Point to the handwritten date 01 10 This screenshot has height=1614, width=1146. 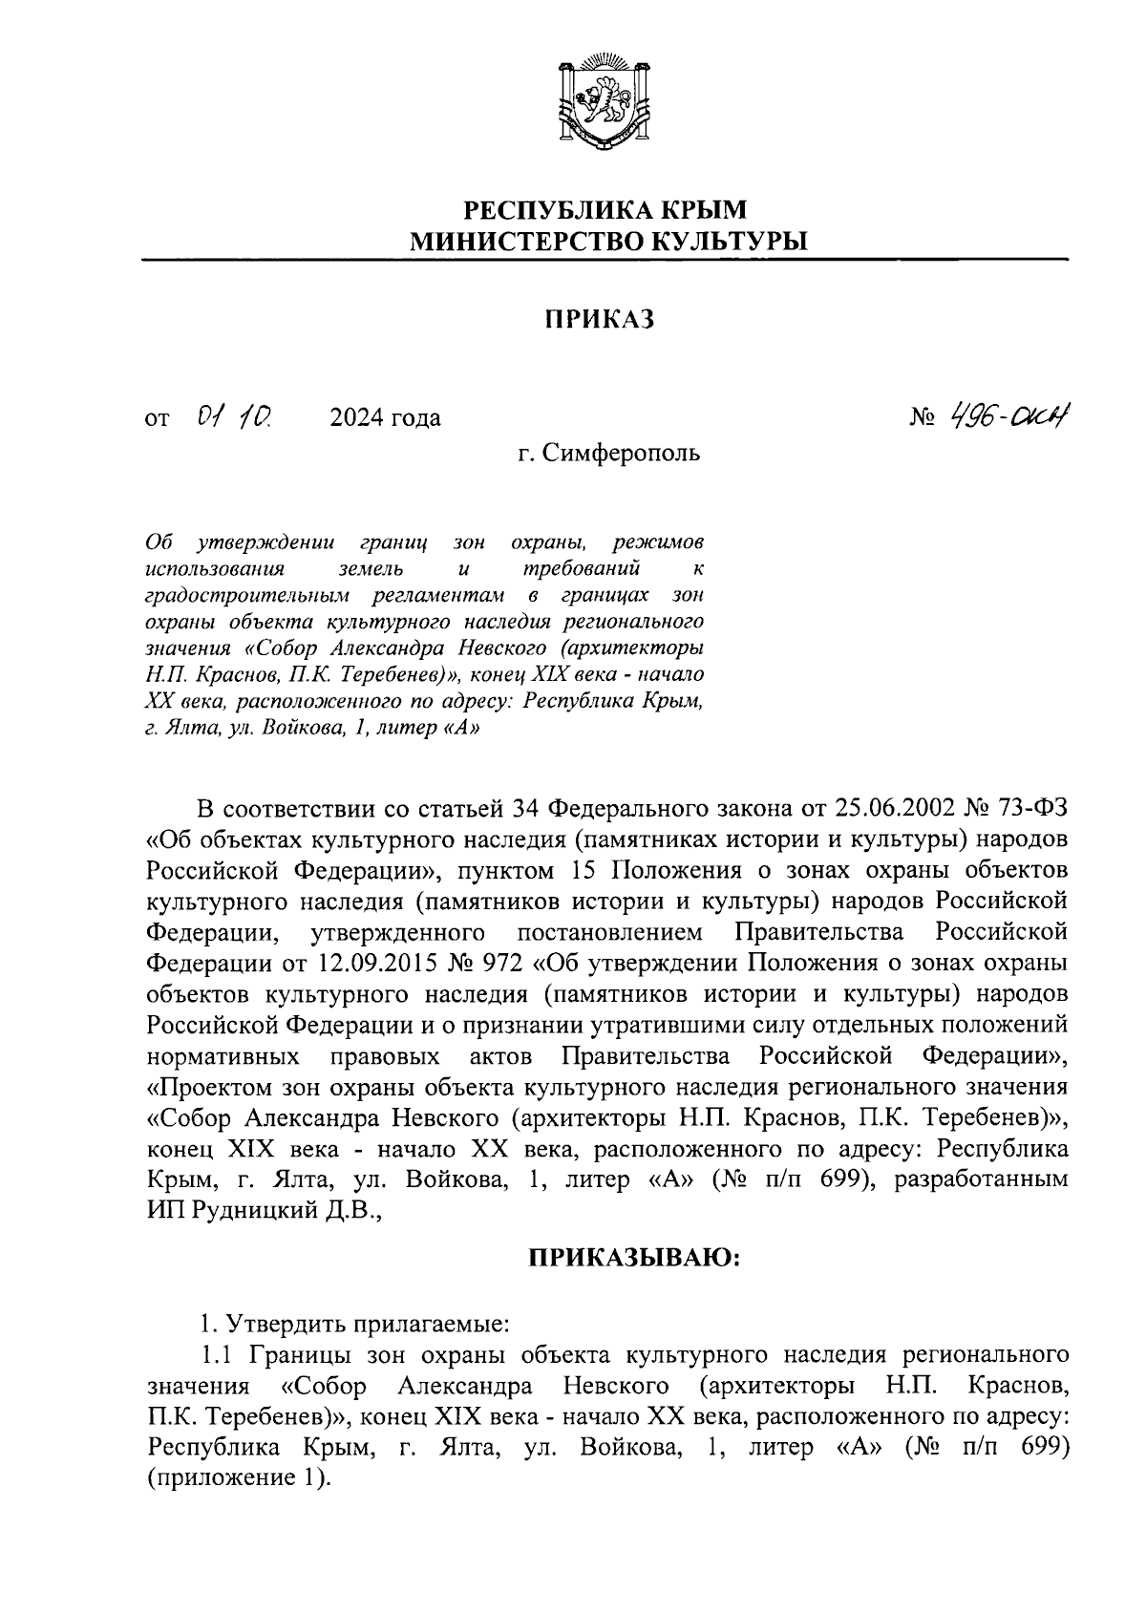(x=234, y=416)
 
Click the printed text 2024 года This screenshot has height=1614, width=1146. (x=385, y=418)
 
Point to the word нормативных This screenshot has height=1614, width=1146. (x=225, y=1056)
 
